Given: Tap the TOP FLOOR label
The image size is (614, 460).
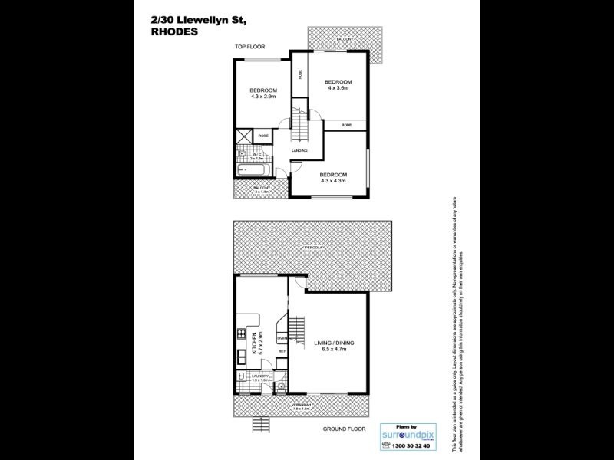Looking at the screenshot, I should coord(249,48).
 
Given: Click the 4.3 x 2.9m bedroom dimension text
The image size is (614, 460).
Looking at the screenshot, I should coord(263,97).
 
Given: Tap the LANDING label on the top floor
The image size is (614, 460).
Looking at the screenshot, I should coord(299,150).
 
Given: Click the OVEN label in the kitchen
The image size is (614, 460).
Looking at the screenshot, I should coord(282,337).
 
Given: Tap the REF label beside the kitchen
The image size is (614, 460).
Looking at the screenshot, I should coord(282,351).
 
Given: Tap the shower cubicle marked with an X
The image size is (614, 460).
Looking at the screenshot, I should coord(243,136).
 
